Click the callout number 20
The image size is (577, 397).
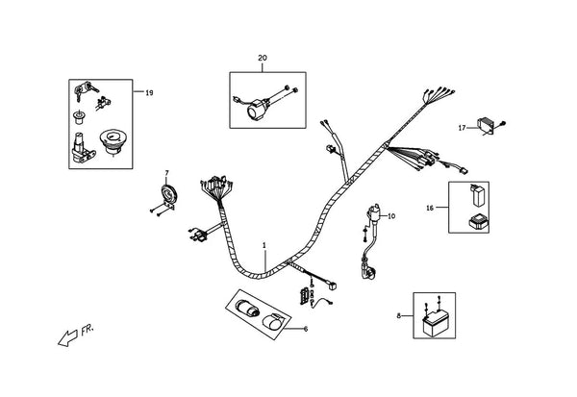click(263, 58)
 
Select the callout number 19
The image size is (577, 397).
click(149, 92)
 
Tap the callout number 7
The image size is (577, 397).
click(166, 173)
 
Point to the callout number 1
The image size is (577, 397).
click(264, 245)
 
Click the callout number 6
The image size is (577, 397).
click(306, 329)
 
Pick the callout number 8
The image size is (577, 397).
click(398, 315)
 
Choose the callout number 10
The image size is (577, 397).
click(391, 216)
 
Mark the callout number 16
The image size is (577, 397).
click(430, 208)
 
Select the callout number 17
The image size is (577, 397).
click(462, 128)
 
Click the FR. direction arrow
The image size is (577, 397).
click(68, 337)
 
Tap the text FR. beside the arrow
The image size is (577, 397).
click(88, 330)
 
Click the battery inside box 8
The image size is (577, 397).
click(435, 323)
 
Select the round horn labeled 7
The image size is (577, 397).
click(169, 194)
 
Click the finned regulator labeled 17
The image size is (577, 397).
click(486, 125)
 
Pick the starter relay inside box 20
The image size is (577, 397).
click(256, 109)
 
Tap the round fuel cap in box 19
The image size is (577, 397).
click(113, 140)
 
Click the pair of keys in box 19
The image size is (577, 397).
click(87, 89)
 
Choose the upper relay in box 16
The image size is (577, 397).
click(477, 196)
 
